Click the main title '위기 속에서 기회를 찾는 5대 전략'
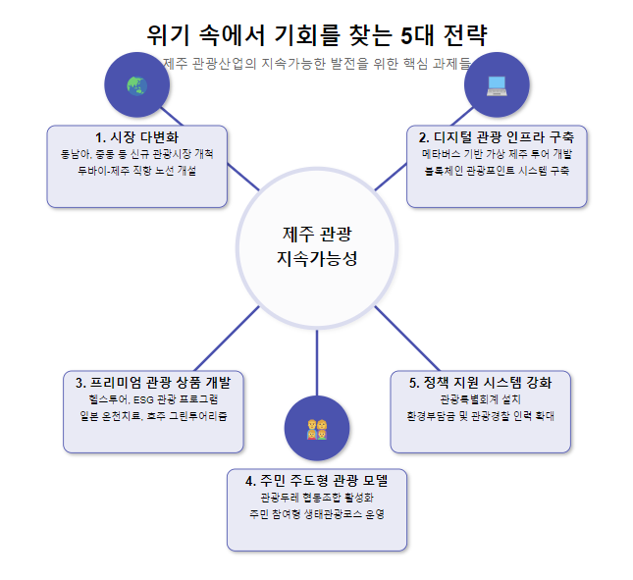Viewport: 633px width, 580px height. click(x=316, y=35)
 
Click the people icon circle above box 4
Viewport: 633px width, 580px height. click(x=316, y=429)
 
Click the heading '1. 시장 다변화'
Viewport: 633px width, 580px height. click(x=136, y=136)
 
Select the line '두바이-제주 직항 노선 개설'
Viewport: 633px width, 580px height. click(x=136, y=170)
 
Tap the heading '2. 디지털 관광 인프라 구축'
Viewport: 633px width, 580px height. click(x=497, y=136)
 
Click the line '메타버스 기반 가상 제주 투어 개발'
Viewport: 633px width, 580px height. click(x=497, y=153)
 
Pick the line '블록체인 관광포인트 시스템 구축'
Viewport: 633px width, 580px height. click(x=497, y=170)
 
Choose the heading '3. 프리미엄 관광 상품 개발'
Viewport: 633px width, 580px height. click(x=153, y=382)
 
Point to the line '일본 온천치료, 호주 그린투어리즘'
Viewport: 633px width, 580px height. click(x=153, y=415)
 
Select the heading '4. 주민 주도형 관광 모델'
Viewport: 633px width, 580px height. click(x=316, y=480)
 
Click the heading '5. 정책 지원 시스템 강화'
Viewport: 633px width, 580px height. click(x=480, y=382)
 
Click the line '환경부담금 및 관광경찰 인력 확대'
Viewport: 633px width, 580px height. click(x=480, y=415)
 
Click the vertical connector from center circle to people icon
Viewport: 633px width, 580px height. click(x=316, y=363)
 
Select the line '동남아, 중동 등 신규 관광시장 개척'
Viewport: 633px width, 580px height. click(x=136, y=153)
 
